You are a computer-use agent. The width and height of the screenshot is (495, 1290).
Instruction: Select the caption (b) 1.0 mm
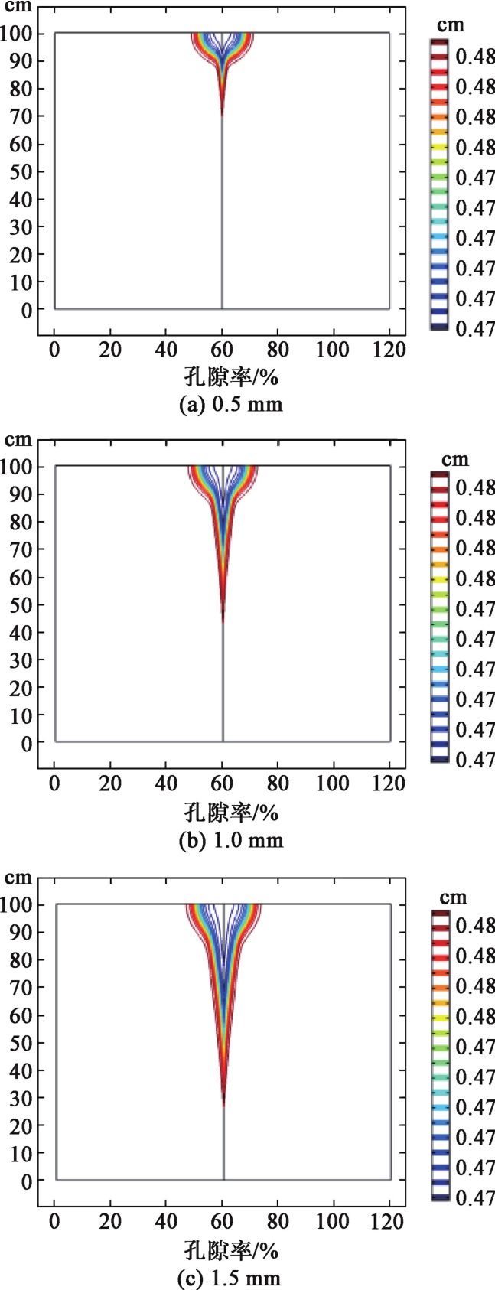coord(230,841)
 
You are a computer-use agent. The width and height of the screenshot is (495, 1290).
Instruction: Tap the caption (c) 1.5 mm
coord(230,1277)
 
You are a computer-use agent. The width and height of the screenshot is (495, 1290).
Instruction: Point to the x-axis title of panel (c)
coord(230,1251)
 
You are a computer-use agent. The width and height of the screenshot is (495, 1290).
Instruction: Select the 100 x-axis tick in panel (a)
coord(334,350)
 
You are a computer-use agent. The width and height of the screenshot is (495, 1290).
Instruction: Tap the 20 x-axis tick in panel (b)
coord(110,783)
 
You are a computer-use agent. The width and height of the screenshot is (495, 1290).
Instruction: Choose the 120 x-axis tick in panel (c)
coord(390,1222)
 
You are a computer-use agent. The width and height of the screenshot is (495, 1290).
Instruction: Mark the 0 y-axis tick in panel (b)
coord(26,742)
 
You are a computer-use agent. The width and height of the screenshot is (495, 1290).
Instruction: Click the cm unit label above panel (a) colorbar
coord(454,24)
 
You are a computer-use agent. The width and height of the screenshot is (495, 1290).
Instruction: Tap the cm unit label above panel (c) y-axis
coord(18,878)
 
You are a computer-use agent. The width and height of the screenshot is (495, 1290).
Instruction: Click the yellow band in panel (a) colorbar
coord(439,146)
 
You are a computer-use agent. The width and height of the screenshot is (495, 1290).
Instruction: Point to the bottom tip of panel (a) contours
coord(223,115)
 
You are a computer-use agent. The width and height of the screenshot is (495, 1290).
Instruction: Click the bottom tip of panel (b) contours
coord(223,621)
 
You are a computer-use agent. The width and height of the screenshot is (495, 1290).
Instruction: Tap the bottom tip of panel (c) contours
coord(223,1105)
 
